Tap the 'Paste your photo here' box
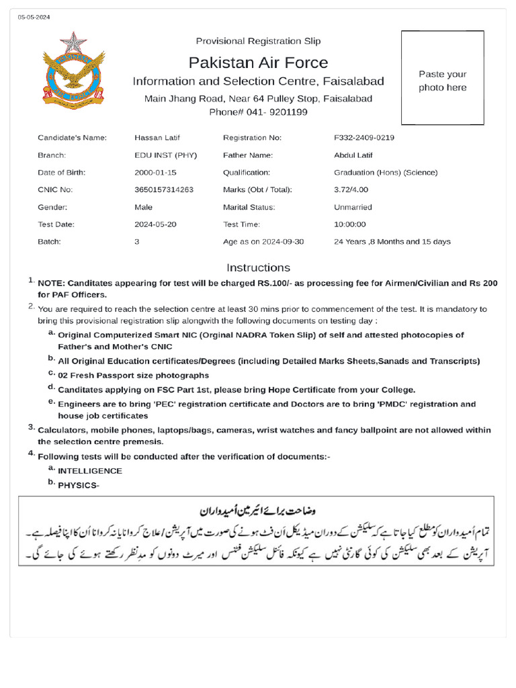(x=442, y=78)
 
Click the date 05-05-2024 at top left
(x=34, y=17)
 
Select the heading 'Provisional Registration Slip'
(x=258, y=41)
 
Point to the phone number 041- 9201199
(x=258, y=112)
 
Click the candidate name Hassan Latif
(x=157, y=138)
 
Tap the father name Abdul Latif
(x=353, y=155)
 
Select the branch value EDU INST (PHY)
(x=165, y=155)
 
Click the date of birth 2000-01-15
(x=155, y=173)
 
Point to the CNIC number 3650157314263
(x=164, y=190)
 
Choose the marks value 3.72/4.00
(x=351, y=190)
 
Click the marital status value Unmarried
(x=353, y=208)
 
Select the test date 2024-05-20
(x=155, y=224)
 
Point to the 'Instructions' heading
(x=258, y=267)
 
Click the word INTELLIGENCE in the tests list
(x=90, y=471)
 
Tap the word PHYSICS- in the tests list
(x=79, y=485)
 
